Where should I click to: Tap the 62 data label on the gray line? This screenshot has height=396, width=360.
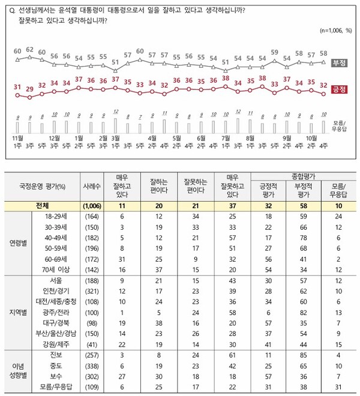pos(30,49)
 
